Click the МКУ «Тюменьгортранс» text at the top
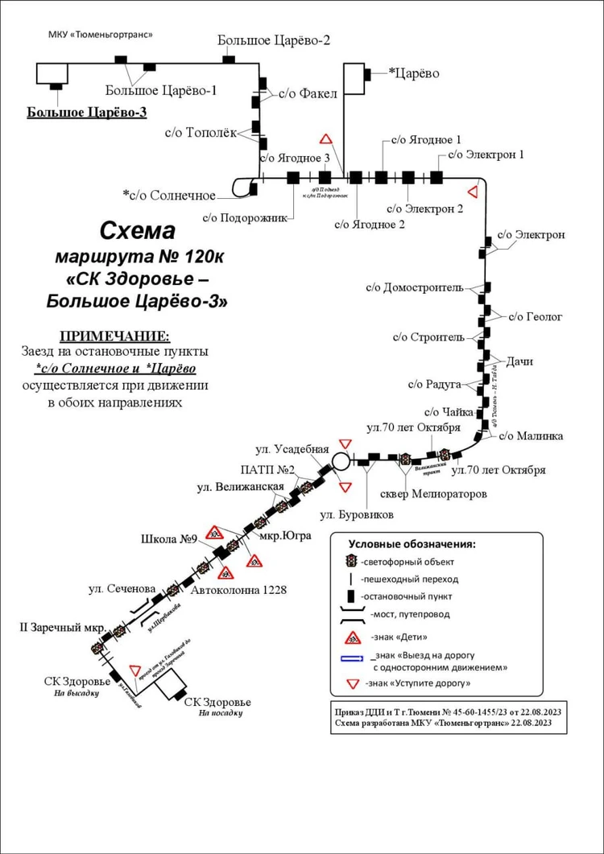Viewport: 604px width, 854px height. (x=101, y=35)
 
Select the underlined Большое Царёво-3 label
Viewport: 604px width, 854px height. (x=87, y=113)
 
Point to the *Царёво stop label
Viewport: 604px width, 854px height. (x=414, y=73)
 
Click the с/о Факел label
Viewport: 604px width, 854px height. (x=308, y=93)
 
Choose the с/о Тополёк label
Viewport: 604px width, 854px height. (x=201, y=134)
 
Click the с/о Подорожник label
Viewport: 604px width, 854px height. (x=244, y=217)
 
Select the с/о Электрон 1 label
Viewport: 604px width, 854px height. (x=486, y=154)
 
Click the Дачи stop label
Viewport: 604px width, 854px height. (x=520, y=361)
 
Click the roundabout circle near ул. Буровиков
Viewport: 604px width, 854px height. (x=341, y=461)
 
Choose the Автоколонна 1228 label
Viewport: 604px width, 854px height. (x=239, y=590)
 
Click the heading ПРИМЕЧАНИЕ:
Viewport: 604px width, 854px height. (x=115, y=336)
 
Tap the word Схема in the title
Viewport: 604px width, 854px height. (x=137, y=231)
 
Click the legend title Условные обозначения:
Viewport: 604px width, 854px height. (x=412, y=543)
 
